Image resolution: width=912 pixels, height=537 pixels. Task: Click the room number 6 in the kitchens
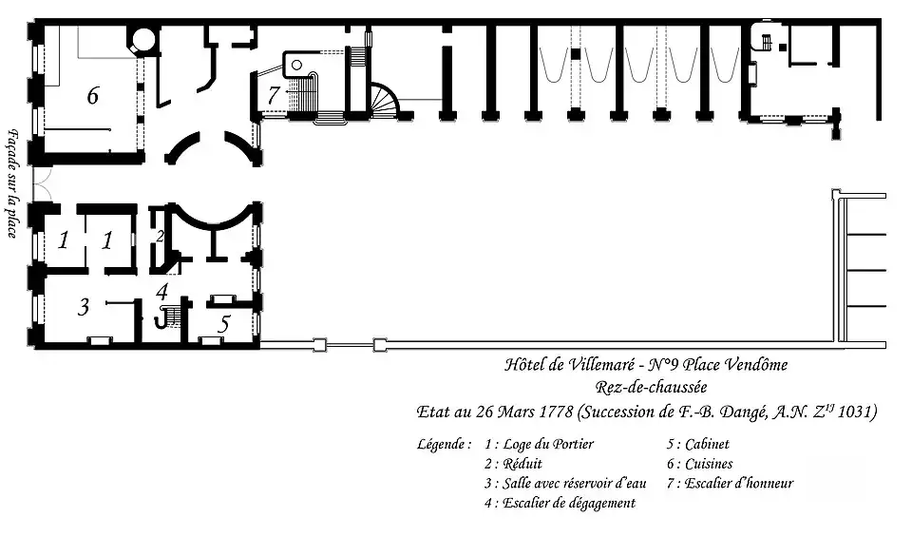pos(92,95)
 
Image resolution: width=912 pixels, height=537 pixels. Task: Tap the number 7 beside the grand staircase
pos(274,95)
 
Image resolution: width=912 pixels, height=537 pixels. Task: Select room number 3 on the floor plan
pos(84,307)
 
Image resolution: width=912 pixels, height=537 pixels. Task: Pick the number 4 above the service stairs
pos(162,291)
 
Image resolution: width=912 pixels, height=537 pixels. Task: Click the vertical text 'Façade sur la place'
pos(11,183)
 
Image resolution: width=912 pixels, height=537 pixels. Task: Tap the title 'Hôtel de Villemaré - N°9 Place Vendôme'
pos(646,365)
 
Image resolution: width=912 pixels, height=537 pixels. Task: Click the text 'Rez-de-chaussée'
pos(651,387)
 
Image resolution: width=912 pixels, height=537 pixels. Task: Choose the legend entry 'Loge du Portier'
pos(548,445)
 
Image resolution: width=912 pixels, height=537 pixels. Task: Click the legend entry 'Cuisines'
pos(709,464)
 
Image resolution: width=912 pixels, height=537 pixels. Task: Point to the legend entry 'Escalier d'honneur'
pos(739,483)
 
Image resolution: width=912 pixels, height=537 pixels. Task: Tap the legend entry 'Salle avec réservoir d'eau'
pos(574,483)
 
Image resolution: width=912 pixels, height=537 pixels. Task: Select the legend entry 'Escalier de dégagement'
pos(569,503)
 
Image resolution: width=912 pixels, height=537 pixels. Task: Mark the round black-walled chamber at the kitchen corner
pos(142,39)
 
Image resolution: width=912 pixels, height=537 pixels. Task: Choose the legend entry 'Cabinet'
pos(707,445)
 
